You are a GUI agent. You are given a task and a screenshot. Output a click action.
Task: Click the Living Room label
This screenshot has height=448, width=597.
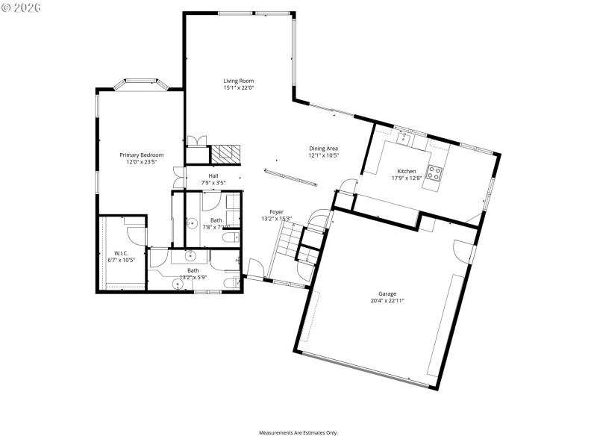coord(239,81)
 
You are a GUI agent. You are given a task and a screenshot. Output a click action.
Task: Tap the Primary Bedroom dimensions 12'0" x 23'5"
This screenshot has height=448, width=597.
coord(142,162)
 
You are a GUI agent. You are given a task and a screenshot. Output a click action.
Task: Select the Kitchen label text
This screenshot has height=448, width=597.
coord(407,171)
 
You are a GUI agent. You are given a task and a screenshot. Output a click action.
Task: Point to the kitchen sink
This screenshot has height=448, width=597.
coord(404,137)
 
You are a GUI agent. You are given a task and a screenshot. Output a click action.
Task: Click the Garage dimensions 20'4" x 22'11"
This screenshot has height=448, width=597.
coord(387,301)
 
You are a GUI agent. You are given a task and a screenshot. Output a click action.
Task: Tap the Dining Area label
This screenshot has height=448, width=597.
coord(324,149)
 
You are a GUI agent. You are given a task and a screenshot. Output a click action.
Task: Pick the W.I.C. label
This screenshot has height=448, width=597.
coord(121,253)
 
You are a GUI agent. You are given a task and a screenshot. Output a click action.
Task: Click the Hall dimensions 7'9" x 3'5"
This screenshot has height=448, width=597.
coord(213,183)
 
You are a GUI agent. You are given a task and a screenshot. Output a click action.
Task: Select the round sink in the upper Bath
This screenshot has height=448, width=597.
coord(191,223)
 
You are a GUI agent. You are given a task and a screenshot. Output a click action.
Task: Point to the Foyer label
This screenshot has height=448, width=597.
coord(276,212)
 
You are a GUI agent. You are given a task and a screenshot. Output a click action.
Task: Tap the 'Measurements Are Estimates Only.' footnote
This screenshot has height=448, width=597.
coord(298,432)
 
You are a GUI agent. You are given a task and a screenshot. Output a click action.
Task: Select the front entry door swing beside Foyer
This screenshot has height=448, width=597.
coord(255,267)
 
